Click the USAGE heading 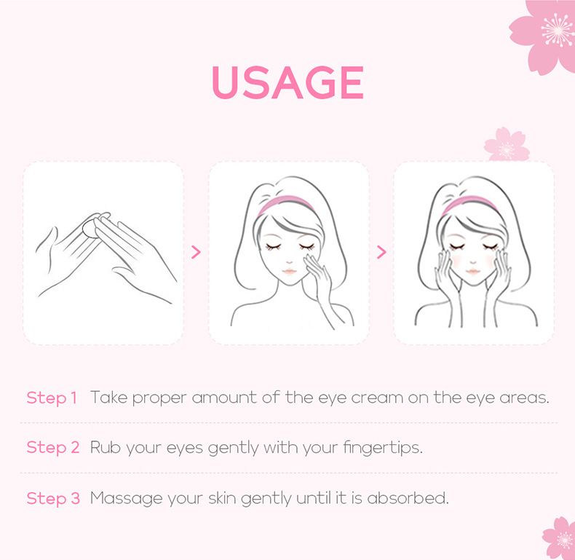click(x=288, y=82)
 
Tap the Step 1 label click(x=52, y=398)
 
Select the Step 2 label click(x=53, y=448)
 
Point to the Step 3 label click(x=53, y=498)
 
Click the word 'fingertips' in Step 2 click(x=383, y=448)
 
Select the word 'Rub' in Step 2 click(x=106, y=447)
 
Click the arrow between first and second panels click(x=197, y=252)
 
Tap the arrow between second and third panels click(x=381, y=252)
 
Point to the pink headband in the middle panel click(x=286, y=204)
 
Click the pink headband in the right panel click(x=470, y=204)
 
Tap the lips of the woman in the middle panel click(x=290, y=271)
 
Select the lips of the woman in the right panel click(x=473, y=271)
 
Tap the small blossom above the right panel click(x=507, y=145)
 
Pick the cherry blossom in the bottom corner click(x=559, y=539)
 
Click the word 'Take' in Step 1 click(x=108, y=398)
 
